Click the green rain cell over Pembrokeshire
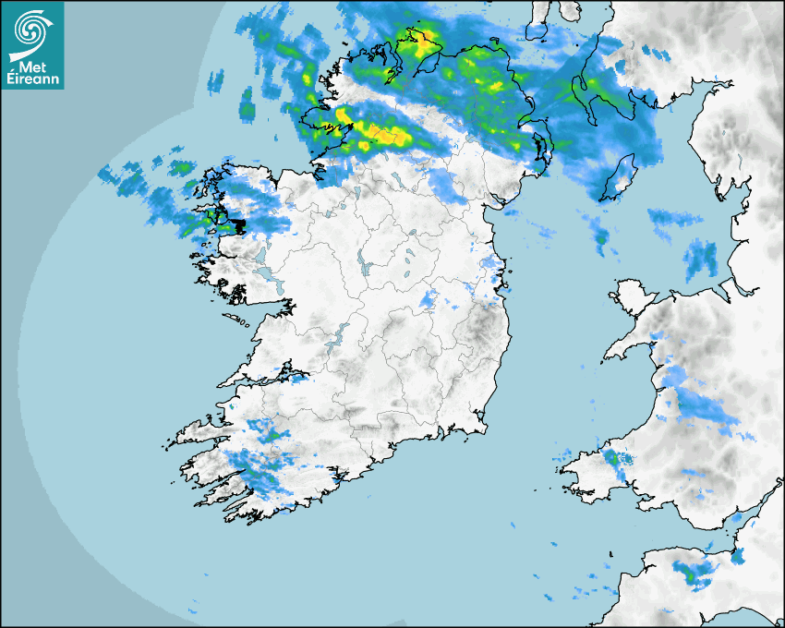(x=610, y=457)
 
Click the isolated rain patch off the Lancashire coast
(x=700, y=260)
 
